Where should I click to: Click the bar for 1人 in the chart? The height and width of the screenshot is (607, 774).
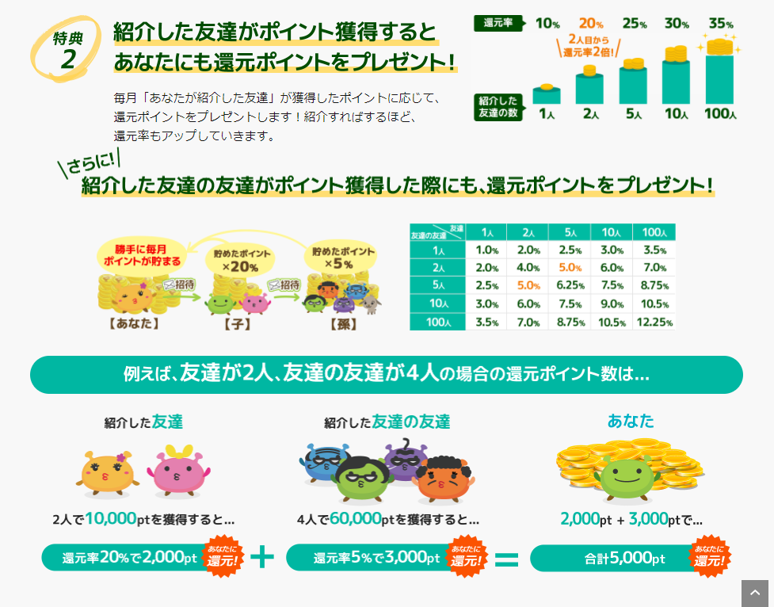(x=546, y=95)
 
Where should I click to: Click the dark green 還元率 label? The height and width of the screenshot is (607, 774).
(x=497, y=23)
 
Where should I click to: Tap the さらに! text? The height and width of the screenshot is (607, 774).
(x=89, y=164)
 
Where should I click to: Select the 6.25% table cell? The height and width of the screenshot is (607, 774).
(x=569, y=285)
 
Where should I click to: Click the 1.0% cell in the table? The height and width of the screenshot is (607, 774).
(x=486, y=250)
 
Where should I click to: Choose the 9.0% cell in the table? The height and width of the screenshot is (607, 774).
(x=611, y=303)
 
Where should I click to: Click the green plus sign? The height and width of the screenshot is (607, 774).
(x=261, y=557)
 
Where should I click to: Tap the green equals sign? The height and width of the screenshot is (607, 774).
(x=506, y=559)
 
